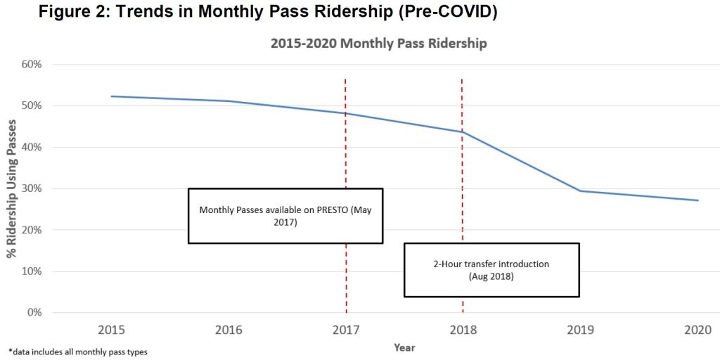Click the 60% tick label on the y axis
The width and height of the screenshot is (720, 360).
pyautogui.click(x=32, y=65)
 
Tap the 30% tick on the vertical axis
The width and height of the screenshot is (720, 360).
pyautogui.click(x=32, y=189)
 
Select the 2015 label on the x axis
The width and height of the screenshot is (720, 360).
pyautogui.click(x=112, y=329)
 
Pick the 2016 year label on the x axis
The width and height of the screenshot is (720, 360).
pyautogui.click(x=229, y=329)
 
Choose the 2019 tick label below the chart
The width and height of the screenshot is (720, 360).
pyautogui.click(x=580, y=329)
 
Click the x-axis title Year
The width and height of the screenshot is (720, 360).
pyautogui.click(x=404, y=347)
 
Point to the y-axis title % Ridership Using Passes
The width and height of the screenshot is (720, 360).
pyautogui.click(x=12, y=188)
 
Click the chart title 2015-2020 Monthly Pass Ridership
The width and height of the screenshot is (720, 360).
pyautogui.click(x=378, y=44)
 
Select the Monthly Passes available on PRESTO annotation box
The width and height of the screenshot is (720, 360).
pyautogui.click(x=285, y=216)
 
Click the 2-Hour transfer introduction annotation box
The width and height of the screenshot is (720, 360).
pyautogui.click(x=491, y=270)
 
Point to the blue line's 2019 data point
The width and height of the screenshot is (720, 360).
pyautogui.click(x=580, y=191)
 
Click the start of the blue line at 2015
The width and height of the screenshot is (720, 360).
pyautogui.click(x=112, y=96)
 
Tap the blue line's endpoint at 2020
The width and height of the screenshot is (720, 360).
pyautogui.click(x=697, y=200)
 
